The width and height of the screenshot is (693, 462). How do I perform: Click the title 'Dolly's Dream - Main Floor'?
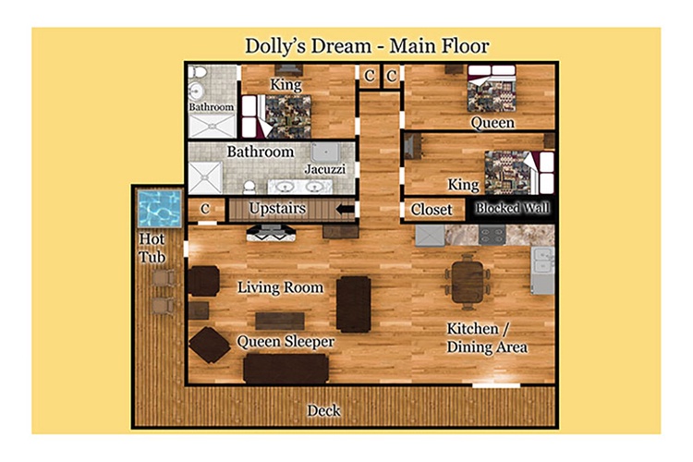[x=367, y=46]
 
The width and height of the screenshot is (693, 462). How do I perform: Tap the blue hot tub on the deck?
[x=159, y=208]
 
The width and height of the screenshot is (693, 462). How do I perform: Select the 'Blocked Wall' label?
[x=513, y=208]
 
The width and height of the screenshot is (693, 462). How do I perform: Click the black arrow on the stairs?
[x=346, y=209]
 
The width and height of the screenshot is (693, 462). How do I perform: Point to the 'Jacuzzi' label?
[x=325, y=169]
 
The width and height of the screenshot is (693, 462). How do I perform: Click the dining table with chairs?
[x=468, y=281]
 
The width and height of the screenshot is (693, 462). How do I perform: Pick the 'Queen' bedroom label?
[x=492, y=123]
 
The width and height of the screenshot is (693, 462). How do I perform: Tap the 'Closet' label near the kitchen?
[x=432, y=210]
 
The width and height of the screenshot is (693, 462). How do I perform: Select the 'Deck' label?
[x=323, y=410]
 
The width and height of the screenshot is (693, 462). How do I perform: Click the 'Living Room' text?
[x=280, y=287]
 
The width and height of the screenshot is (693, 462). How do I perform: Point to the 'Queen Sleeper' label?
[x=286, y=342]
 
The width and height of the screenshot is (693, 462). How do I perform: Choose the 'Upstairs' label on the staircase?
[x=277, y=208]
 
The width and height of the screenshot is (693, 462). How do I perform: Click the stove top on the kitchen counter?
[x=492, y=235]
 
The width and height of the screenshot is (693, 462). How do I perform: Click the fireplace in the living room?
[x=271, y=233]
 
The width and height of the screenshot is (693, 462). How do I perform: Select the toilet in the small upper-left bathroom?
[x=198, y=72]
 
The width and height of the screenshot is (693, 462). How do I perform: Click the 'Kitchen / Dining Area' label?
[x=487, y=338]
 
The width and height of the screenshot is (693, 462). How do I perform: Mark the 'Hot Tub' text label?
[x=152, y=248]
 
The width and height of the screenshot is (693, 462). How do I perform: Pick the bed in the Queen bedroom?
[x=492, y=89]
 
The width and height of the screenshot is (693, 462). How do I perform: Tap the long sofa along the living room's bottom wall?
[x=286, y=369]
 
